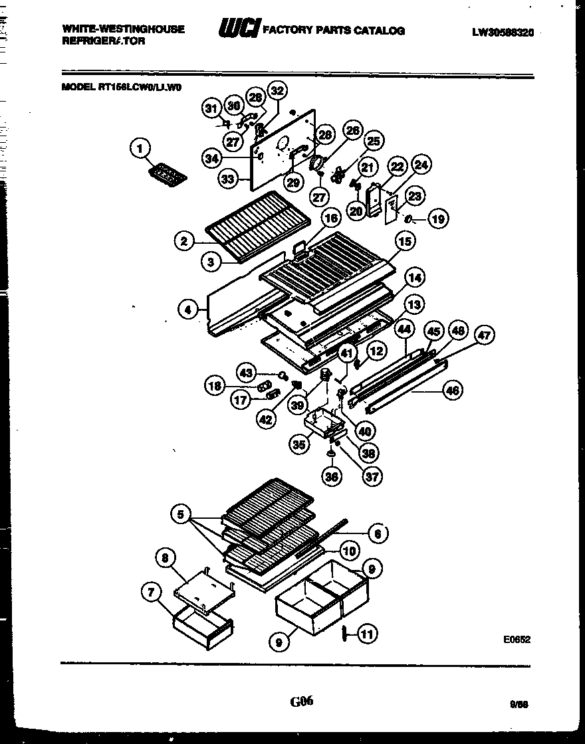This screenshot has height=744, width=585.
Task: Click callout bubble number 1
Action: [140, 149]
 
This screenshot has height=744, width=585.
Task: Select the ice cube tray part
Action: [166, 175]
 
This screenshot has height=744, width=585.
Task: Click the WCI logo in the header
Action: [240, 29]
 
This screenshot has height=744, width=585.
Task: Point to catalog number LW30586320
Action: [503, 31]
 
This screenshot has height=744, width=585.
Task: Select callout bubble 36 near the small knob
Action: [331, 476]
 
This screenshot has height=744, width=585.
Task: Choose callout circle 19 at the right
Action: [437, 218]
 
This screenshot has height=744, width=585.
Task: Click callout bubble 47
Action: [484, 335]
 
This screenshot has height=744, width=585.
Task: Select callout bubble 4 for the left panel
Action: [188, 308]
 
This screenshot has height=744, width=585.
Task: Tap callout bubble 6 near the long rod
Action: [378, 532]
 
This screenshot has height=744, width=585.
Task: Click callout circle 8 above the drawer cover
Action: [165, 558]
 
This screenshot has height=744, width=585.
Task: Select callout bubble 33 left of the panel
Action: [228, 179]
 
